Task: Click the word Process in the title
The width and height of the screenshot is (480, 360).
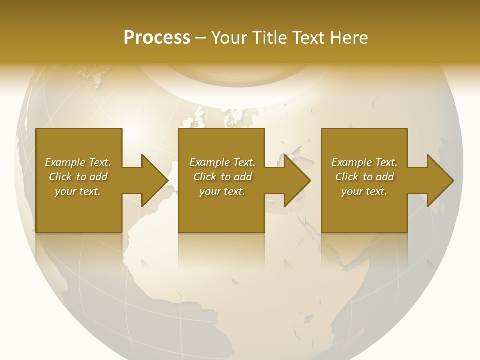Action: (157, 38)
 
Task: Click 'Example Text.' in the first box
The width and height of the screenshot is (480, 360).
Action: (78, 162)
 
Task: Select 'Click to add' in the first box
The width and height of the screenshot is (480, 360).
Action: (78, 177)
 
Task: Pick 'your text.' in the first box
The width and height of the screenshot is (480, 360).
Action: (78, 191)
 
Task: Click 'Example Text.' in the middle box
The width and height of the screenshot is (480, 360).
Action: (222, 162)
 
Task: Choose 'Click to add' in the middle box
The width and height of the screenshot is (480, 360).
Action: (222, 177)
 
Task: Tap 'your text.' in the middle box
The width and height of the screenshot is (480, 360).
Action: (222, 191)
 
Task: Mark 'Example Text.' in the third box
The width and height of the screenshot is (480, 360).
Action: (364, 162)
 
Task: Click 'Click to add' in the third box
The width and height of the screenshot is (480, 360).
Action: (364, 177)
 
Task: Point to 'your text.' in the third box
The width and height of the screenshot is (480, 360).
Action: (364, 191)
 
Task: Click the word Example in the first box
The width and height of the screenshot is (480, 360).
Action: (65, 162)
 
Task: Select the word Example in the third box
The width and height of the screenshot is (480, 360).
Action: (351, 162)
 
